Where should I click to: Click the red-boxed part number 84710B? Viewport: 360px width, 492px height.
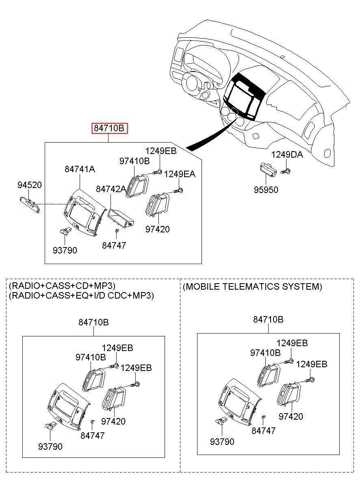[x=109, y=129]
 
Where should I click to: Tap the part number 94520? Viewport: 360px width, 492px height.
[x=29, y=185]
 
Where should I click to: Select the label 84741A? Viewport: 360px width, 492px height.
[x=80, y=169]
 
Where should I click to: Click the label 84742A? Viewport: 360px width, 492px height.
[x=111, y=189]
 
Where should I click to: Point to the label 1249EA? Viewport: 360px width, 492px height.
[x=180, y=174]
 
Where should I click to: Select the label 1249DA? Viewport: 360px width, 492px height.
[x=287, y=154]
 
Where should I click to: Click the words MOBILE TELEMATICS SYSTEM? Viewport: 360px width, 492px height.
[x=252, y=287]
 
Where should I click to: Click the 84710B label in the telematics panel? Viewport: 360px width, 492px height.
[x=268, y=319]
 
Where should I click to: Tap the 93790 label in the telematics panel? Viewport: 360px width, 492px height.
[x=222, y=442]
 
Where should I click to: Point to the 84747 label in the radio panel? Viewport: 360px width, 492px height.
[x=92, y=436]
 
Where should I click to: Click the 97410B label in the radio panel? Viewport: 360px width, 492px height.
[x=91, y=357]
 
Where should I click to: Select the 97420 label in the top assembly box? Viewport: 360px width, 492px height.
[x=158, y=230]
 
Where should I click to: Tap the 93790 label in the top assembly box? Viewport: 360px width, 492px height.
[x=65, y=250]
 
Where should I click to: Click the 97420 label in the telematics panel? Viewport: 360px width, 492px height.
[x=291, y=417]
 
